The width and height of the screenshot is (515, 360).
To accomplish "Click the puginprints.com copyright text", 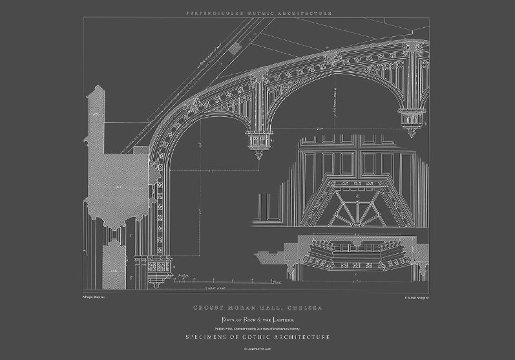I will (258, 348).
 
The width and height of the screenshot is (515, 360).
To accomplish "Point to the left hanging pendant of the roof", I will (258, 143).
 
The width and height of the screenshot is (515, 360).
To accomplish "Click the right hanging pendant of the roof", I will (410, 122).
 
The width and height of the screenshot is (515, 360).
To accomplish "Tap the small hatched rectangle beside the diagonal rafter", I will (241, 47).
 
